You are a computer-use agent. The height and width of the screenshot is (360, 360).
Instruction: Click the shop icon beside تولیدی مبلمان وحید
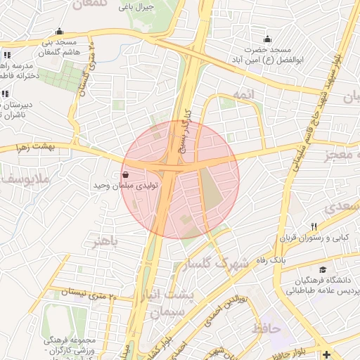(125, 174)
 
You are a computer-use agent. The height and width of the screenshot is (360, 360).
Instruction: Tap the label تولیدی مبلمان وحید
(126, 186)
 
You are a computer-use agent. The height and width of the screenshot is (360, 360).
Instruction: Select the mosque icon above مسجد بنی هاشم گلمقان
(59, 32)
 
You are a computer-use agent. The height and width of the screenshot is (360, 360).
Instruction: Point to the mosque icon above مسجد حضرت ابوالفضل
(266, 39)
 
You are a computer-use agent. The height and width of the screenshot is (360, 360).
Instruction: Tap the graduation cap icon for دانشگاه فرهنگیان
(323, 269)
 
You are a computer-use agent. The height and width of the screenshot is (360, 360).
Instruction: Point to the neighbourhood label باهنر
(106, 241)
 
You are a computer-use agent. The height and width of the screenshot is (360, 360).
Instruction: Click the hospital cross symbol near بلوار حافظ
(326, 353)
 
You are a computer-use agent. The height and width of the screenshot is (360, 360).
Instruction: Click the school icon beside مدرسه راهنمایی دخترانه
(6, 55)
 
